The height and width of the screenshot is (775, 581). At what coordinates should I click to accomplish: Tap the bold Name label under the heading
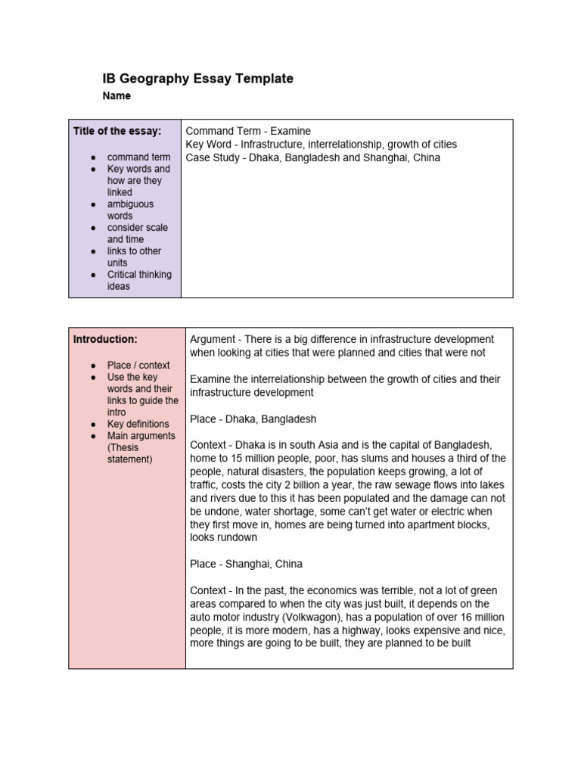click(x=117, y=96)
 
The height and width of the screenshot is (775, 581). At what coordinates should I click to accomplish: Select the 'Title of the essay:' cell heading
click(x=117, y=131)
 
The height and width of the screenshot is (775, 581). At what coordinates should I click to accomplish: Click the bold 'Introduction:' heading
click(x=105, y=339)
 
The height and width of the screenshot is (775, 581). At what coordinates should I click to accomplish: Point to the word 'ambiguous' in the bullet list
click(x=130, y=204)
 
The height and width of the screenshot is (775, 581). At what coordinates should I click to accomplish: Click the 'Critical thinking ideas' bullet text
click(x=139, y=280)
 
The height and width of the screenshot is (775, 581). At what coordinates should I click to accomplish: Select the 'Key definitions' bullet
click(x=138, y=424)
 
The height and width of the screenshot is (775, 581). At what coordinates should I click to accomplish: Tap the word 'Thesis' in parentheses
click(x=124, y=447)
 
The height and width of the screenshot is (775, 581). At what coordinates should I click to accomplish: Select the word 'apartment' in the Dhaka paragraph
click(x=424, y=524)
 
